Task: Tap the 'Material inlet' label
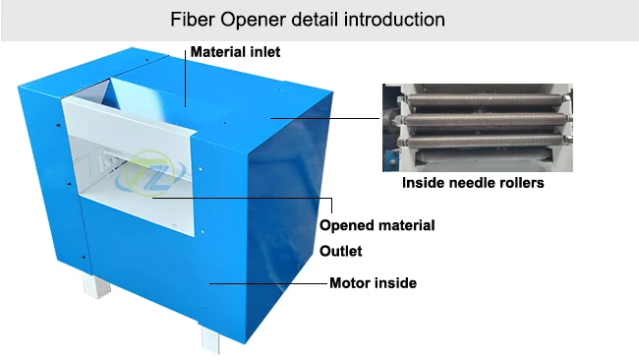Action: pos(235,51)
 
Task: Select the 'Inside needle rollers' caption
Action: pos(473,183)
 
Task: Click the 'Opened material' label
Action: pos(378,225)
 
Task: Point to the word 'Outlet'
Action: pos(341,251)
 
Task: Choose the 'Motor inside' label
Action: pos(373,283)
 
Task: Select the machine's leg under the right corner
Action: pos(210,337)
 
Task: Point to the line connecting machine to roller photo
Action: pos(324,118)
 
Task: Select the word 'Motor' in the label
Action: pos(351,283)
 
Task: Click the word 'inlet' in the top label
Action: pos(262,51)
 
